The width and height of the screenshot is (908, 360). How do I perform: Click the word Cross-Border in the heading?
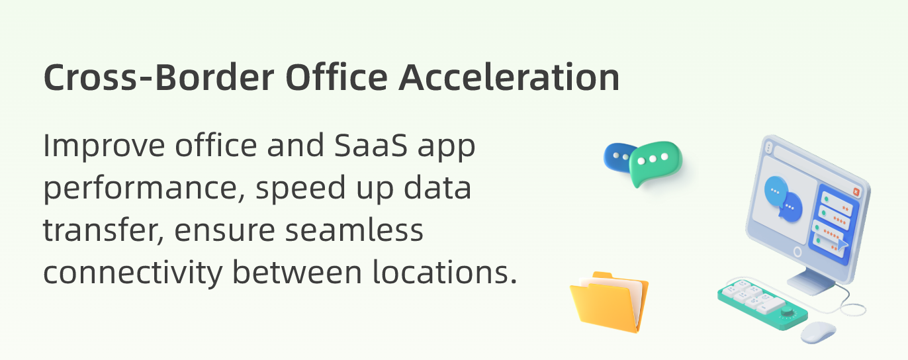click(x=159, y=77)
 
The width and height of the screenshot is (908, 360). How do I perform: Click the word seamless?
click(x=354, y=230)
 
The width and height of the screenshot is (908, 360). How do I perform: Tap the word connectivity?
click(x=133, y=273)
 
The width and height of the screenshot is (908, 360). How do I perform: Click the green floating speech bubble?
click(x=655, y=163)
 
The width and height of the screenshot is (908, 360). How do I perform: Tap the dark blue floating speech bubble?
click(x=615, y=157)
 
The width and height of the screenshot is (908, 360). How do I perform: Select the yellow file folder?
click(x=610, y=302)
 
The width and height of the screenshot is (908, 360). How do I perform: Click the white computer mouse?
click(x=819, y=332)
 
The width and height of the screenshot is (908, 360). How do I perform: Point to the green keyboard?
click(x=762, y=303)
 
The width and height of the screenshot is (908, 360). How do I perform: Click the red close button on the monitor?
click(x=856, y=192)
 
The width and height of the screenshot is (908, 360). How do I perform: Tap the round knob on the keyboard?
click(x=787, y=311)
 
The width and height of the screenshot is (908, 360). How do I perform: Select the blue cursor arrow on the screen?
click(x=842, y=244)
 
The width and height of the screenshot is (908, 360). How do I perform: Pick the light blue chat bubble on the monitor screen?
click(x=776, y=191)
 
